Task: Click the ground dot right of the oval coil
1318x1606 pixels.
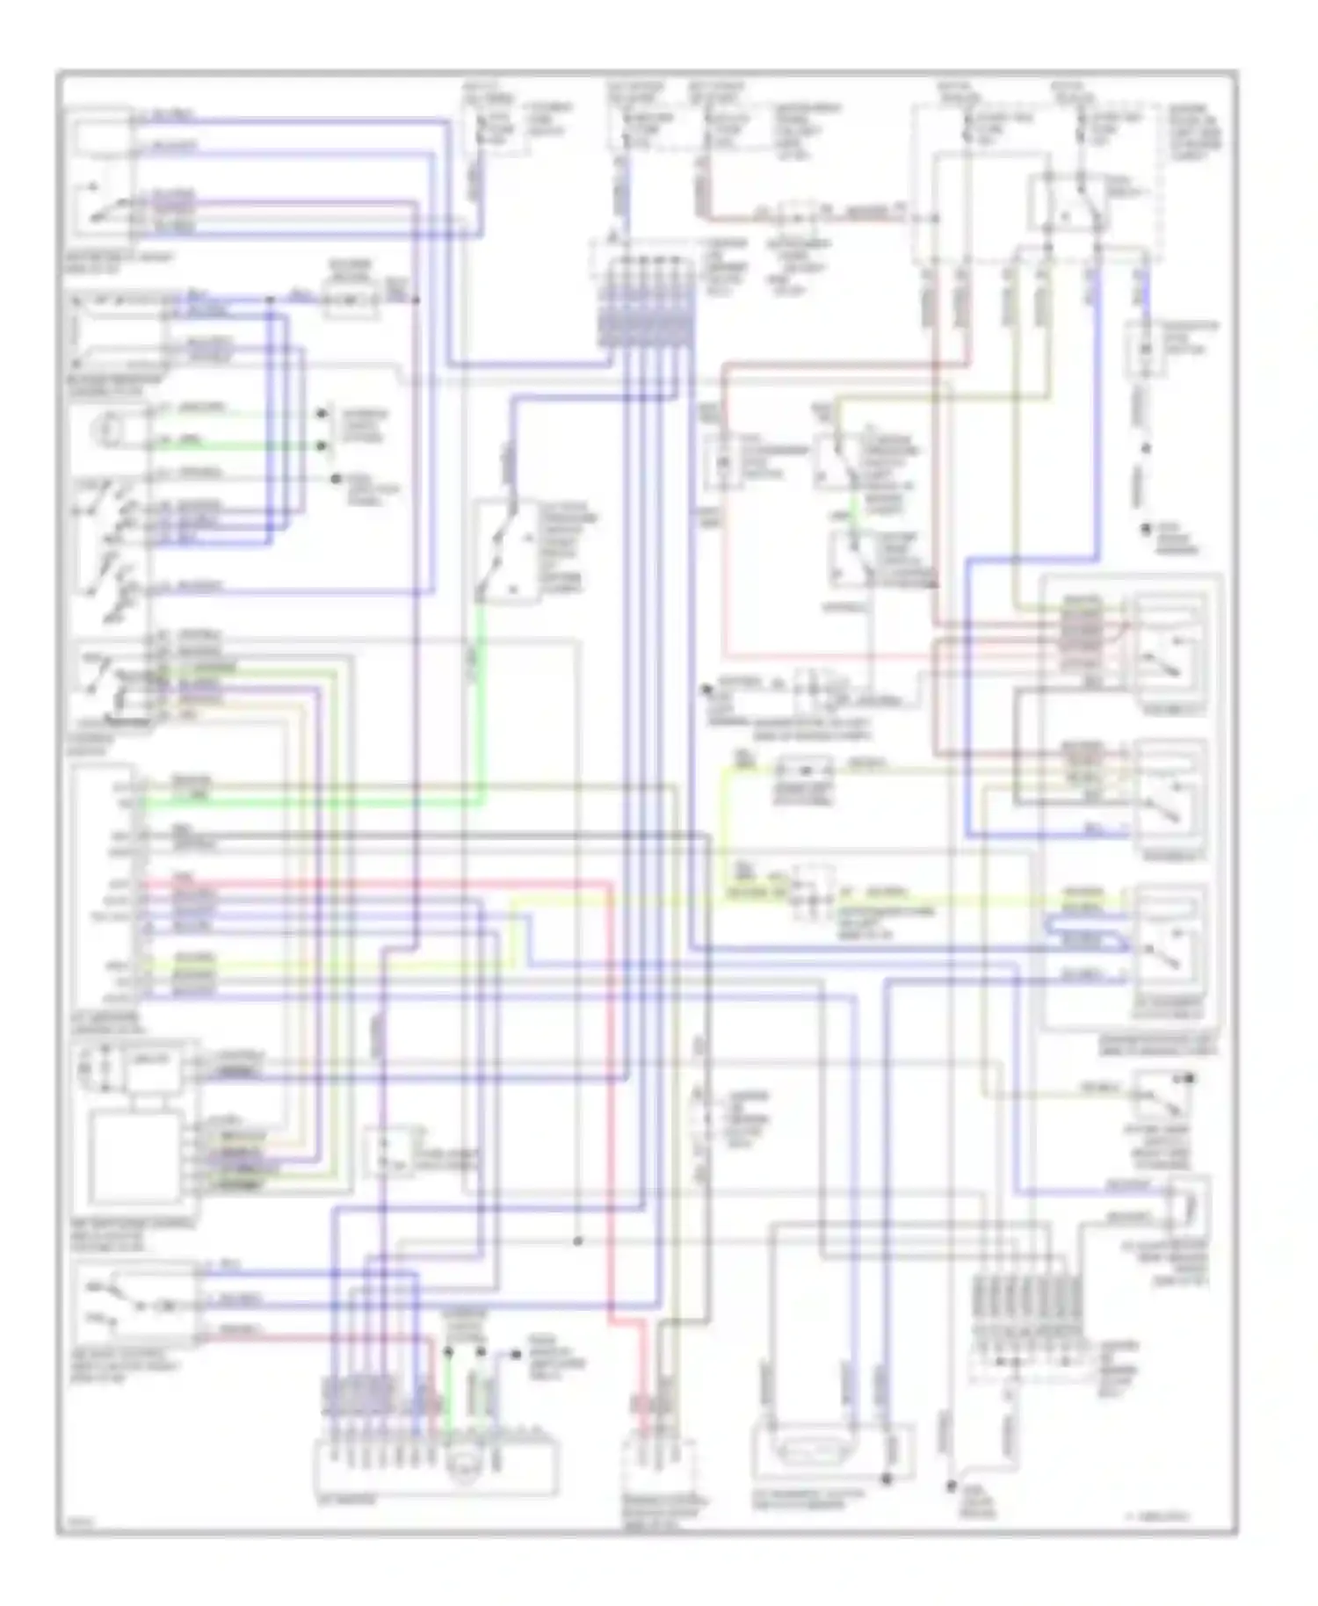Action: click(x=887, y=1479)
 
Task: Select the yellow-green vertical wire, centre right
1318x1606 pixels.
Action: click(x=724, y=826)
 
